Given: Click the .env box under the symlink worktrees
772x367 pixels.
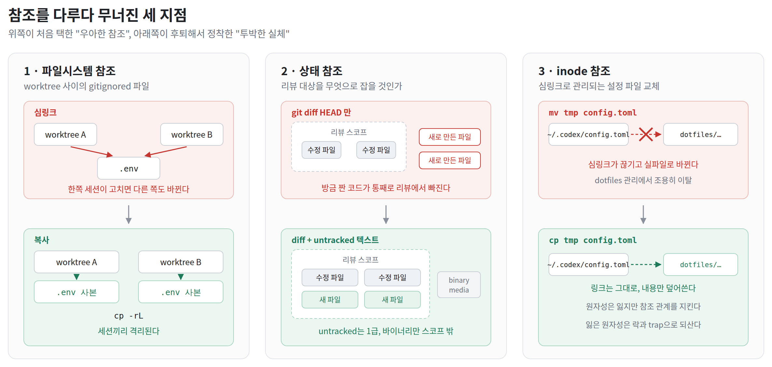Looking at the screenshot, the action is click(129, 168).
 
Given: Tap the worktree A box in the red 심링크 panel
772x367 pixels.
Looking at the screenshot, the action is click(65, 134).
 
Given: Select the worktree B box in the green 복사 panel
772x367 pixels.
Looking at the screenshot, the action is click(181, 262).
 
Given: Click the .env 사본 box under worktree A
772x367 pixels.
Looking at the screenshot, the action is click(77, 292).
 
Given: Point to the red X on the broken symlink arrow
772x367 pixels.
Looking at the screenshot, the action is click(646, 134).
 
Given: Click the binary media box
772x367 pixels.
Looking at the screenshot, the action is click(459, 285).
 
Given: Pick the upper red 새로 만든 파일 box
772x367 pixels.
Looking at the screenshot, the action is click(450, 137).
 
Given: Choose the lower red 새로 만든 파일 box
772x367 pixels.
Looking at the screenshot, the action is click(450, 160).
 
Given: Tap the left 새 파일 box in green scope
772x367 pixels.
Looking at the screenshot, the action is click(330, 300).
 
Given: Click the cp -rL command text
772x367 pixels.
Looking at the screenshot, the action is click(129, 316).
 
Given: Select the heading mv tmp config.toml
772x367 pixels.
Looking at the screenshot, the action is click(593, 113).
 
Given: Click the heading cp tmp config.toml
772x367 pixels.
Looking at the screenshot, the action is click(593, 240).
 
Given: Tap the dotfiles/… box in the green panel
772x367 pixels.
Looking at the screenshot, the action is click(701, 265).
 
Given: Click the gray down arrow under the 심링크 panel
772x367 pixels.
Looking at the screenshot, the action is click(129, 214).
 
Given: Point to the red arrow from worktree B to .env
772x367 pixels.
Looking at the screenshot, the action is click(165, 151).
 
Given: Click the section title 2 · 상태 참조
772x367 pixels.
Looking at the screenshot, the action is click(312, 71).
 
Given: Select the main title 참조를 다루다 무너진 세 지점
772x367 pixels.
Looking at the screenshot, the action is click(97, 15).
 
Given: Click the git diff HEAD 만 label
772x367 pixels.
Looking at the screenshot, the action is click(321, 113).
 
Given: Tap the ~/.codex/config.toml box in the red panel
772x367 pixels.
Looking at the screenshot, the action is click(589, 134).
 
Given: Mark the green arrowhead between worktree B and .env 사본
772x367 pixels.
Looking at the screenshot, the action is click(181, 277).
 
